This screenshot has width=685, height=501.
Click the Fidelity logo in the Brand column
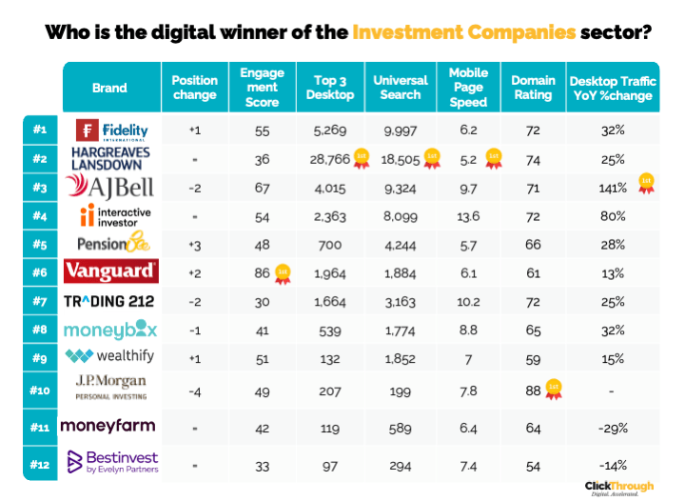(x=108, y=129)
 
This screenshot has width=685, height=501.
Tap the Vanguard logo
(x=109, y=272)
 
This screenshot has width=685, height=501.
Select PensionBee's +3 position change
(x=194, y=245)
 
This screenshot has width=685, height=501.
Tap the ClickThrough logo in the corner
(x=618, y=487)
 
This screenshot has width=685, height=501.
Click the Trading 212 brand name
(x=109, y=302)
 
